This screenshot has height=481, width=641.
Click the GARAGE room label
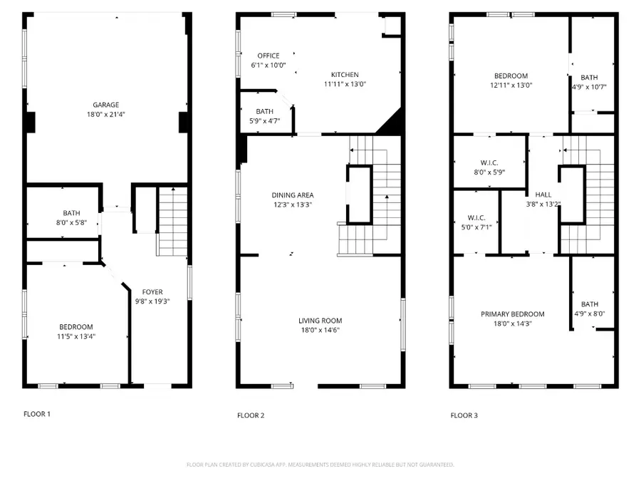[105, 104]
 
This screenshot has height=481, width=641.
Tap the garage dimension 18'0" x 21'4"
[105, 113]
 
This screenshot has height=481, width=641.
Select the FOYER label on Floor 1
[152, 291]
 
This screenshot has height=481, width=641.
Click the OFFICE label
[269, 56]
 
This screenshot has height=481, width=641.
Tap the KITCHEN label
[345, 75]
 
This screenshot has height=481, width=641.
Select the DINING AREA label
[293, 195]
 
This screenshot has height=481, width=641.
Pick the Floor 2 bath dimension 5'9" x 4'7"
[265, 120]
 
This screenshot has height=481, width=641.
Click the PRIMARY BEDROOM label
[512, 314]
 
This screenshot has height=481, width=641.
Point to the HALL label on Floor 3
[543, 195]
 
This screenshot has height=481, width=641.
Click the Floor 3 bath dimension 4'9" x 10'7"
[589, 87]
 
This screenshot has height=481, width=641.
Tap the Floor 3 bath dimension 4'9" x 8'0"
[589, 312]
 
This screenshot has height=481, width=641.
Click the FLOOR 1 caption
[37, 414]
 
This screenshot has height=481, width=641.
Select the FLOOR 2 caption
[251, 415]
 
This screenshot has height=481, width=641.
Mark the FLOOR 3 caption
[464, 415]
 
